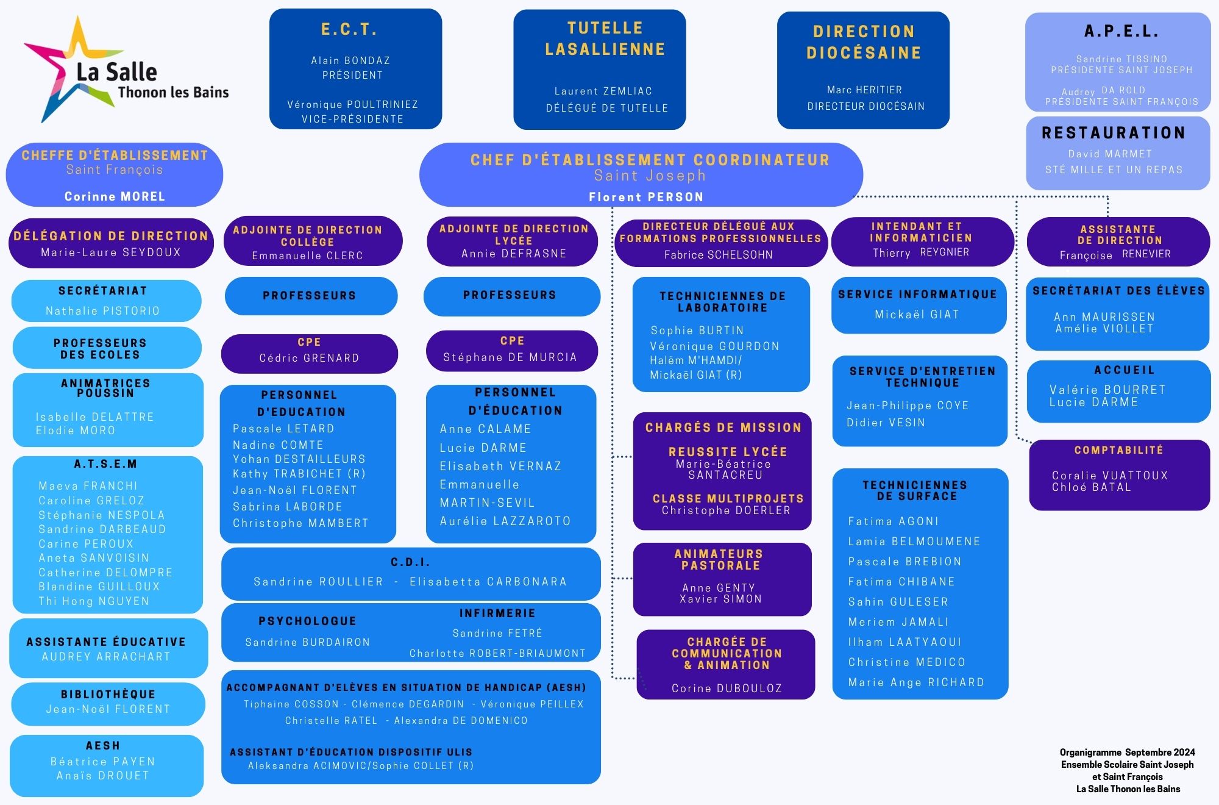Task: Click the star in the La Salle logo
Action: [67, 70]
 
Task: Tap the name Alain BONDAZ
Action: [350, 60]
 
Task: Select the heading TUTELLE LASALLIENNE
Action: [605, 38]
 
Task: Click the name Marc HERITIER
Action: [864, 90]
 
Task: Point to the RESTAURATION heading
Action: [1114, 133]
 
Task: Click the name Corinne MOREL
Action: [115, 196]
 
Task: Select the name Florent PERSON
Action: [646, 197]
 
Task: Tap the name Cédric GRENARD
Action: [309, 358]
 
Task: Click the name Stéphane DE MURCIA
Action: [510, 357]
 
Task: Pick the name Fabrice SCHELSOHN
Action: [718, 255]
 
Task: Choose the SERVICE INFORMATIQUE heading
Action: [917, 294]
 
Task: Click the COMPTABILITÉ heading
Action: [1118, 450]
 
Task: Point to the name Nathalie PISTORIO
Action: [102, 311]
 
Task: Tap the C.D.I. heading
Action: [410, 562]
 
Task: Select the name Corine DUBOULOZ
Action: [727, 688]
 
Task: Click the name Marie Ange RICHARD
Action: [916, 682]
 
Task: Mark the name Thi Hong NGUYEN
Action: [94, 601]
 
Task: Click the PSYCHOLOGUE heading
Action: [307, 621]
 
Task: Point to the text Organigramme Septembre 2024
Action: [1127, 752]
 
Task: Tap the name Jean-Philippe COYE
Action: [908, 406]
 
